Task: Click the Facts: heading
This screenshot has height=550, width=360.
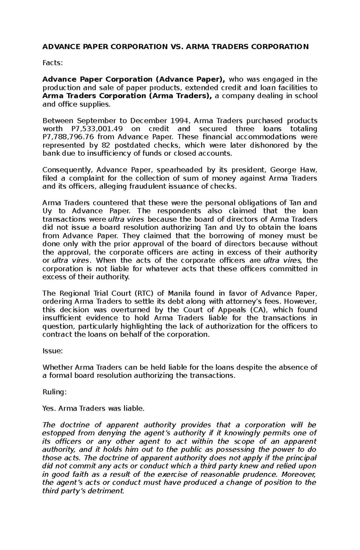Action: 53,63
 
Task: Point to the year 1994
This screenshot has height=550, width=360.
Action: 180,121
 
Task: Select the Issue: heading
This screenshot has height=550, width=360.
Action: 52,351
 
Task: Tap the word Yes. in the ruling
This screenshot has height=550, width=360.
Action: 49,408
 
